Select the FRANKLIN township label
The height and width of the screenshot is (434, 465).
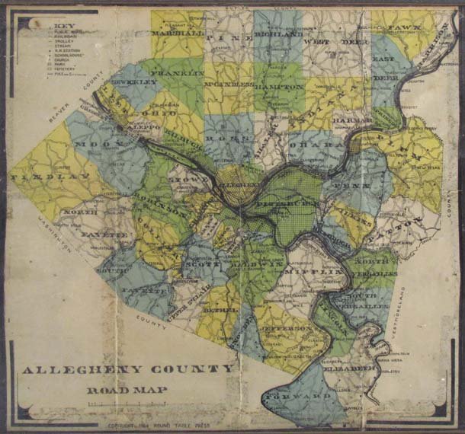point(178,72)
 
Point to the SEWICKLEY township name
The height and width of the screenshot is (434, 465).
point(136,79)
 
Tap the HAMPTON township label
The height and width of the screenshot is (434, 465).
point(278,88)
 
